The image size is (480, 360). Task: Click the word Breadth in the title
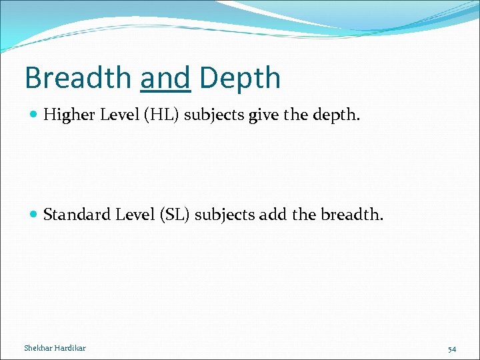pyautogui.click(x=78, y=78)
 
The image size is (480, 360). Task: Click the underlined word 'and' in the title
pyautogui.click(x=166, y=78)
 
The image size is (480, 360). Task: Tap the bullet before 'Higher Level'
pyautogui.click(x=34, y=115)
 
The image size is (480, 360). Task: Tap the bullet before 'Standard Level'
pyautogui.click(x=34, y=215)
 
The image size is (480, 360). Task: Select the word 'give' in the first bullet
pyautogui.click(x=263, y=116)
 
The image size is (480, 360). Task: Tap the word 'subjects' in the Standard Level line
pyautogui.click(x=228, y=215)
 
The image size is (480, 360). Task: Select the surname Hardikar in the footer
pyautogui.click(x=71, y=348)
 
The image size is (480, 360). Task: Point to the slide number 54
pyautogui.click(x=452, y=349)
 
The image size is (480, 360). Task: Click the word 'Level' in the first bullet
pyautogui.click(x=117, y=115)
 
